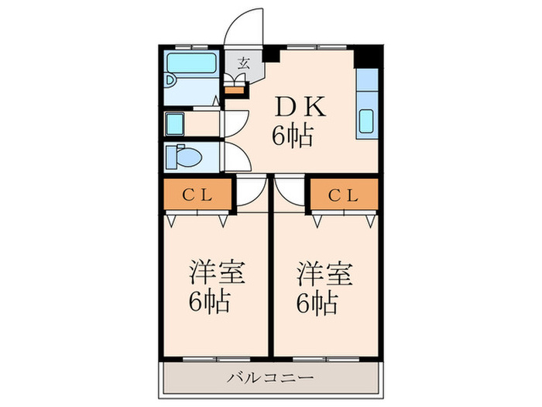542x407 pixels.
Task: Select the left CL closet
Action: [197, 195]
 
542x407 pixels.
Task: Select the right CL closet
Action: [345, 195]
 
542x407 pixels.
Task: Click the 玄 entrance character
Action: [243, 64]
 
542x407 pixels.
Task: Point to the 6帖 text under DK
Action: [292, 136]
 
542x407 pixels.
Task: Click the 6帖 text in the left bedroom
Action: [209, 302]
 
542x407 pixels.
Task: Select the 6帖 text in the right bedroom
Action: [317, 302]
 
